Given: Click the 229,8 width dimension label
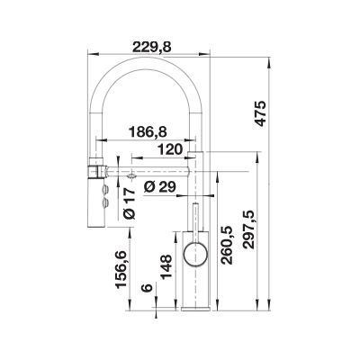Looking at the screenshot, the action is (x=152, y=47).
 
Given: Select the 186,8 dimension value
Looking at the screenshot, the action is (x=148, y=132).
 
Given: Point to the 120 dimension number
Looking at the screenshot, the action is (x=170, y=149).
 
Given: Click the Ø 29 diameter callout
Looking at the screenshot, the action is (x=159, y=187).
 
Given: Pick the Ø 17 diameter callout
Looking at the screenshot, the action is (x=130, y=204).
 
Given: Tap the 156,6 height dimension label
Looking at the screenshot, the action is (x=122, y=270).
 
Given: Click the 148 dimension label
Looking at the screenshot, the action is (x=166, y=267).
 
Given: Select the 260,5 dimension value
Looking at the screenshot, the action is (x=227, y=245).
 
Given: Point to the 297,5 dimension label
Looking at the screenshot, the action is (x=248, y=229).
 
